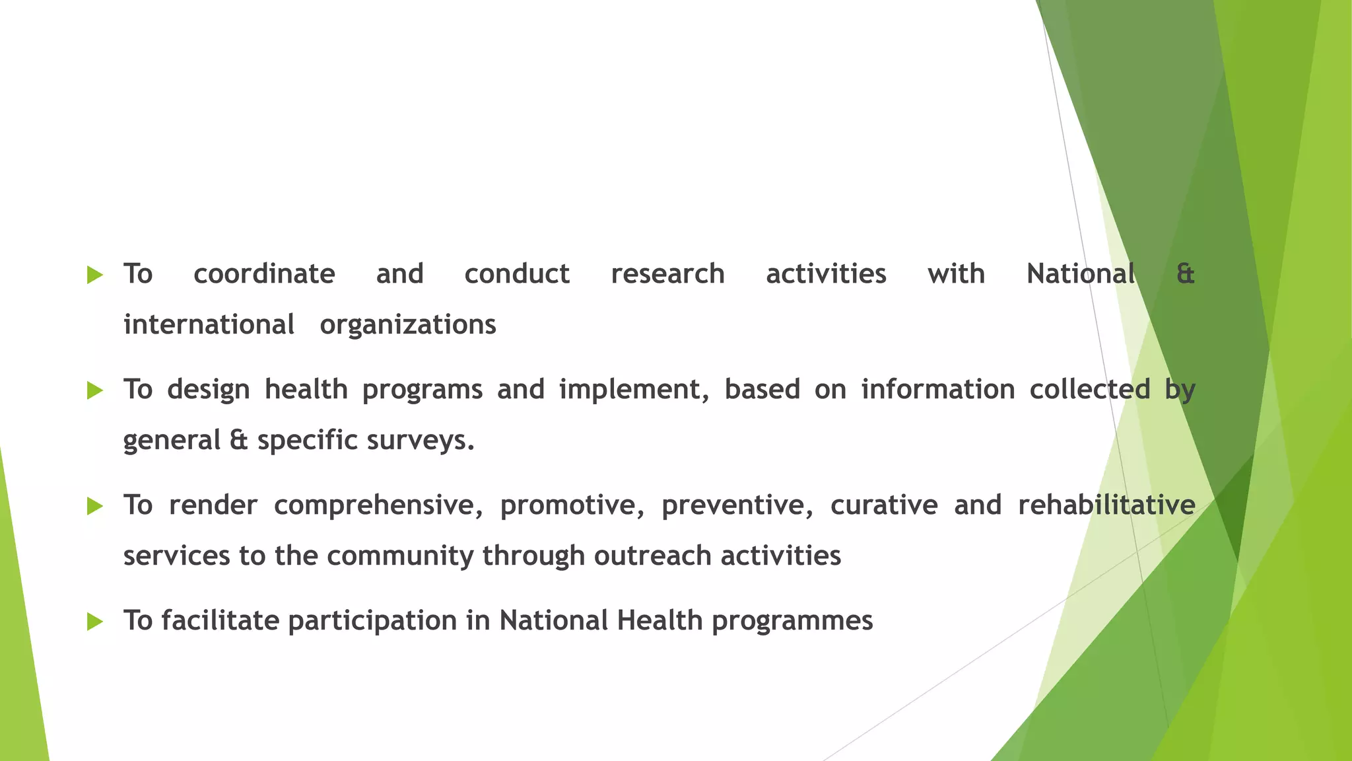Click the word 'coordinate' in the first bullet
click(x=264, y=274)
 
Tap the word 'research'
click(x=667, y=274)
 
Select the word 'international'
click(x=209, y=325)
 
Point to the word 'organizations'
click(x=408, y=325)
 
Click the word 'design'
click(x=209, y=390)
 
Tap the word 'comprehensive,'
click(x=378, y=505)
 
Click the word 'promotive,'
click(x=572, y=505)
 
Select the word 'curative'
click(x=884, y=505)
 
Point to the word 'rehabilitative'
click(x=1106, y=505)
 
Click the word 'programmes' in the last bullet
click(x=792, y=621)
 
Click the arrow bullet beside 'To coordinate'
click(x=95, y=275)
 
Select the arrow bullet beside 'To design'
click(x=95, y=390)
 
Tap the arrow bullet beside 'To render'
click(x=95, y=506)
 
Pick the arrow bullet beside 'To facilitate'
click(x=95, y=622)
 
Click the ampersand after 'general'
click(x=239, y=441)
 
